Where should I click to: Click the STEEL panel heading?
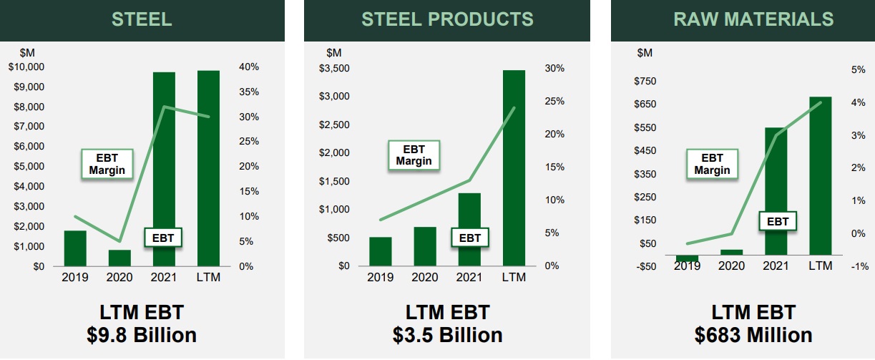click(142, 19)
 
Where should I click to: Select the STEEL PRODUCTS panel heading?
click(447, 19)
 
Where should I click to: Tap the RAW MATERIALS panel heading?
click(753, 19)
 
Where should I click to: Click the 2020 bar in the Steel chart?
click(119, 258)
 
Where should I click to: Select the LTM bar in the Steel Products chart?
click(514, 168)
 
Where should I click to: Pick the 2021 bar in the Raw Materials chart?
click(776, 191)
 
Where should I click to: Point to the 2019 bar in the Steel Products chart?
click(381, 251)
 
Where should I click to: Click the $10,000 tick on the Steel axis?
click(26, 67)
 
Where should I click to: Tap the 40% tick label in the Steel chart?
click(248, 67)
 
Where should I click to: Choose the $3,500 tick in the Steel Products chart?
click(334, 69)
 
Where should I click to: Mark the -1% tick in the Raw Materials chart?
click(858, 266)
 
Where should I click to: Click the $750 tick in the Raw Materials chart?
click(645, 81)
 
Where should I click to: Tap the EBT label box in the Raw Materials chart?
click(778, 221)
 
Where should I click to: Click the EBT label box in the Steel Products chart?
click(470, 237)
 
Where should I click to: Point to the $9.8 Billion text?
click(142, 335)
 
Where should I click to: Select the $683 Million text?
click(753, 335)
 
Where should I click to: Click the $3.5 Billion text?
click(447, 335)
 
